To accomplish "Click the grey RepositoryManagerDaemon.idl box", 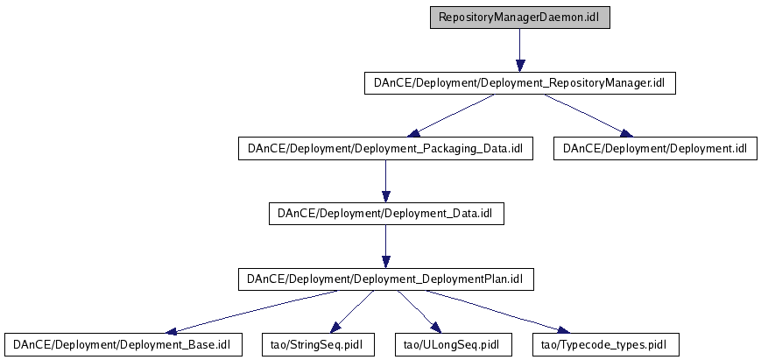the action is [x=520, y=18].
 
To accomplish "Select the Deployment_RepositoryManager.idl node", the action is [x=520, y=83].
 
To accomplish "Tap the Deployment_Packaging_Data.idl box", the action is [x=386, y=148].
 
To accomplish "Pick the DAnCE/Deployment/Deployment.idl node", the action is [x=655, y=148].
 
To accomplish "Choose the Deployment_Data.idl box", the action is [x=386, y=214].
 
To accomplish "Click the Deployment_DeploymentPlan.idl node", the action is [x=386, y=279].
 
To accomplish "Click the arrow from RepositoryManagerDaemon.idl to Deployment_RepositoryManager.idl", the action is [x=520, y=51].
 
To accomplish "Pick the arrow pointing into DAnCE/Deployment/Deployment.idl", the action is [x=588, y=116].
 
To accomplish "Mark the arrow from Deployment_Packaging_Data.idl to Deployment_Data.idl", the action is [x=386, y=181].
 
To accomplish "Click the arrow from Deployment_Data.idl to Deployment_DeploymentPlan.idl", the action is [x=386, y=246].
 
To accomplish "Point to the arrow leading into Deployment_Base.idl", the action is [x=251, y=312].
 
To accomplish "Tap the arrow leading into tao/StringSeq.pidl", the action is [x=353, y=312].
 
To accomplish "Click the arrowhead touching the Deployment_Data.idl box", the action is [x=386, y=197].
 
